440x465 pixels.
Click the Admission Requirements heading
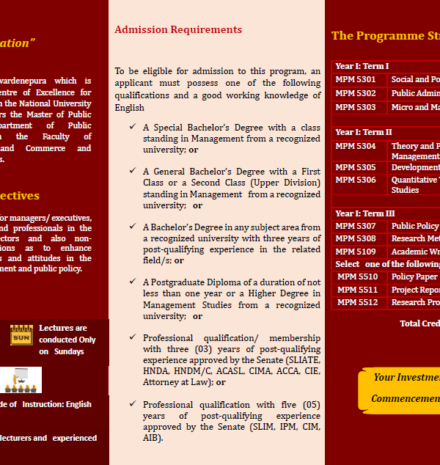[x=178, y=30]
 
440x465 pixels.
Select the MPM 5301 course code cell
[x=356, y=79]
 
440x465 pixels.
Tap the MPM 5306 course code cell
[x=356, y=180]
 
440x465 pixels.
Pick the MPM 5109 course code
[x=356, y=252]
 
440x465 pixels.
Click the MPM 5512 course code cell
[x=358, y=302]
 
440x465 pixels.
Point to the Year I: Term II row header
[x=364, y=132]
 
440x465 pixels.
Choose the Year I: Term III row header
[x=365, y=213]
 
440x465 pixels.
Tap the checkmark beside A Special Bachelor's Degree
[x=132, y=127]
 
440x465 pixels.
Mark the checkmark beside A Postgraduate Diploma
[x=132, y=281]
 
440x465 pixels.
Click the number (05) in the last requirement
[x=311, y=404]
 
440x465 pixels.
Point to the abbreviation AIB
[x=151, y=438]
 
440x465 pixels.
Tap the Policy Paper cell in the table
[x=414, y=277]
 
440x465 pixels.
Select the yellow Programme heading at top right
[x=385, y=36]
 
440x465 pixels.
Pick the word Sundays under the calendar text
[x=67, y=351]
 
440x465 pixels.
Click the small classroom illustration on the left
[x=21, y=380]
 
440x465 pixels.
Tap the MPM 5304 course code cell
[x=356, y=147]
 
